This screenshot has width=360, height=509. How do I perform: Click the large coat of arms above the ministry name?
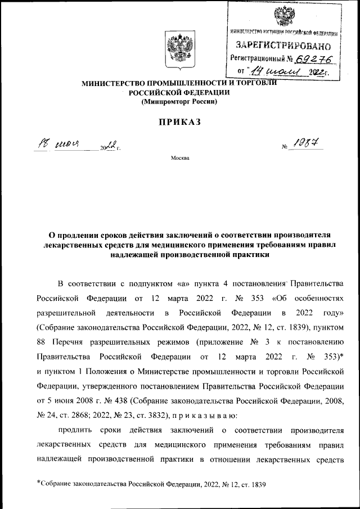[x=179, y=49]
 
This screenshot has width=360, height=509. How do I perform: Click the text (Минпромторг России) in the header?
[x=179, y=102]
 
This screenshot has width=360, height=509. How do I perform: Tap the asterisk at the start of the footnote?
[x=39, y=482]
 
